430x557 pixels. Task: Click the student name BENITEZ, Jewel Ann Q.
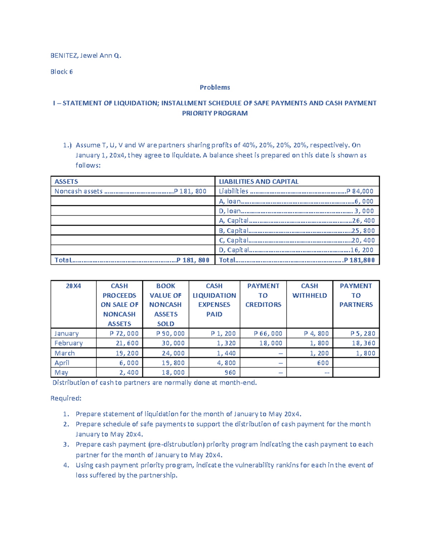(x=86, y=56)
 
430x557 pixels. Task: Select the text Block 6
(x=61, y=72)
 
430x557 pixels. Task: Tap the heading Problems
(x=215, y=87)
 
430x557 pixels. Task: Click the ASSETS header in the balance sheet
(x=66, y=181)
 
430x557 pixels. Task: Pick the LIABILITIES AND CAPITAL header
(x=258, y=181)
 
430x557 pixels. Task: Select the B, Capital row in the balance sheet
(x=297, y=231)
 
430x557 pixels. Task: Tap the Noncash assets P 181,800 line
(x=130, y=191)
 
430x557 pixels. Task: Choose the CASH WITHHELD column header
(x=309, y=291)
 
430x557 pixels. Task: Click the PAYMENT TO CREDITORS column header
(x=263, y=295)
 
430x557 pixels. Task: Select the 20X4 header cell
(x=73, y=286)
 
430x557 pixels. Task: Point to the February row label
(x=68, y=343)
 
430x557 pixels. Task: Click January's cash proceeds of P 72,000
(x=124, y=334)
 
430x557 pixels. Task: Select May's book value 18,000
(x=173, y=373)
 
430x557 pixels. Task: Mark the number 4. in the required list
(x=66, y=465)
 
